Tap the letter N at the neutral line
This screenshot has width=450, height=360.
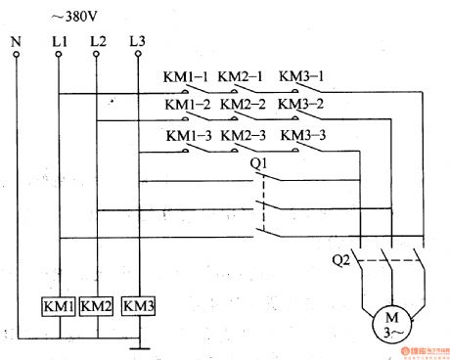coord(17,43)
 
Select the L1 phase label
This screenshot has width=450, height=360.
coord(59,43)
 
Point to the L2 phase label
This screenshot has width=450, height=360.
coord(98,43)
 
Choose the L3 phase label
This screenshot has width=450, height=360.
coord(137,43)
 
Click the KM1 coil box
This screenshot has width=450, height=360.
coord(59,305)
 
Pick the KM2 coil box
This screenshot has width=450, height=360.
coord(97,305)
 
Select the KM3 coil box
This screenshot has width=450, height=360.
coord(138,305)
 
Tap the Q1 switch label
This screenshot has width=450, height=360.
coord(261,162)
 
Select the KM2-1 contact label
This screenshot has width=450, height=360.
coord(241,76)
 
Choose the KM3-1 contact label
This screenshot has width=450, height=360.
coord(300,76)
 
